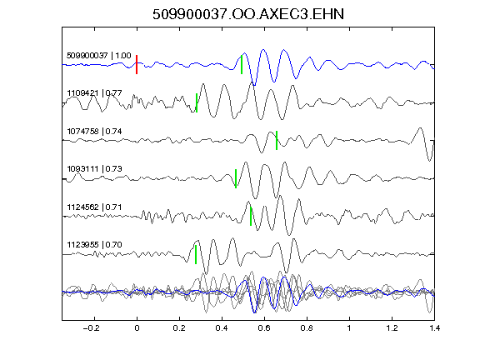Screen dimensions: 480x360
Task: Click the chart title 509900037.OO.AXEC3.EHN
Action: pyautogui.click(x=248, y=14)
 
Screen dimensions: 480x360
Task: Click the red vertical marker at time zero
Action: pyautogui.click(x=137, y=65)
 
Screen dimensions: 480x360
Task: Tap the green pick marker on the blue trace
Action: pyautogui.click(x=242, y=65)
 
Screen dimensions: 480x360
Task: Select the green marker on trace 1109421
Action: pyautogui.click(x=197, y=102)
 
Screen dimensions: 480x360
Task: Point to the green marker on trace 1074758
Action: pyautogui.click(x=277, y=140)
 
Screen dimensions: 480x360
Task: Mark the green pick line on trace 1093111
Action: pyautogui.click(x=236, y=178)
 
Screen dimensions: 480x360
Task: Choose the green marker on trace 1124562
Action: pyautogui.click(x=251, y=216)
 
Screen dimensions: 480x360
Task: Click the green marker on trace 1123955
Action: pyautogui.click(x=196, y=254)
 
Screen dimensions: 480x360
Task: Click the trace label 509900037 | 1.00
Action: pyautogui.click(x=99, y=56)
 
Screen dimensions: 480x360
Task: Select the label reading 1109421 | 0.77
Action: pyautogui.click(x=95, y=93)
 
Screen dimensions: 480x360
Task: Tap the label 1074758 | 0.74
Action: pyautogui.click(x=95, y=132)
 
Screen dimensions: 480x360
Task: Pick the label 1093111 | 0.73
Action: pyautogui.click(x=95, y=169)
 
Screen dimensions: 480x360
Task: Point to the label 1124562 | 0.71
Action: pyautogui.click(x=95, y=207)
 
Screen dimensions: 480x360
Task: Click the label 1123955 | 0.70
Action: pyautogui.click(x=95, y=245)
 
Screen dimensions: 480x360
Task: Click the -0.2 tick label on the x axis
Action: pyautogui.click(x=92, y=328)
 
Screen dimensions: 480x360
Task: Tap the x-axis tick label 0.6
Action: pyautogui.click(x=264, y=328)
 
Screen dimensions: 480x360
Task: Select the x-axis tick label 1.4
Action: pyautogui.click(x=434, y=328)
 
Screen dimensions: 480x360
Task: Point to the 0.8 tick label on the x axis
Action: pyautogui.click(x=307, y=328)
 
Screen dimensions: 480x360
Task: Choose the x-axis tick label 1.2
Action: pyautogui.click(x=392, y=328)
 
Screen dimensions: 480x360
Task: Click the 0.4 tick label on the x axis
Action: pyautogui.click(x=222, y=328)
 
